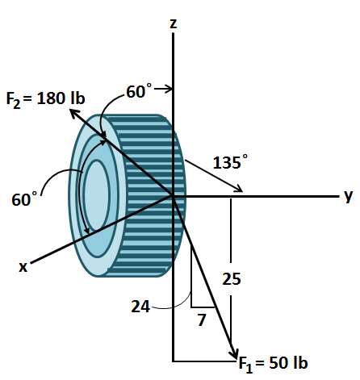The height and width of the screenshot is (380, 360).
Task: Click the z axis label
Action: [174, 23]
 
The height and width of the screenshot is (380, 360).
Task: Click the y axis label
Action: [348, 195]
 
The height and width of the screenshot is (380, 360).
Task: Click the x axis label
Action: [23, 267]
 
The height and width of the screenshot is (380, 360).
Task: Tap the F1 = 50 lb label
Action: [274, 363]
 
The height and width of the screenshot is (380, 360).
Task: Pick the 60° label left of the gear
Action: [25, 198]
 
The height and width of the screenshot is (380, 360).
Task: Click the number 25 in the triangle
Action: [232, 279]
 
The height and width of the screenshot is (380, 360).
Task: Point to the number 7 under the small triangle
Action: [203, 320]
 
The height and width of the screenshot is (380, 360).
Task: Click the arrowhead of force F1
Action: [233, 352]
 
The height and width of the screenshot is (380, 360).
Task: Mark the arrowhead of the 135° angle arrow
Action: [239, 190]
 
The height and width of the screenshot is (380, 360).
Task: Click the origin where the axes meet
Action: [174, 195]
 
